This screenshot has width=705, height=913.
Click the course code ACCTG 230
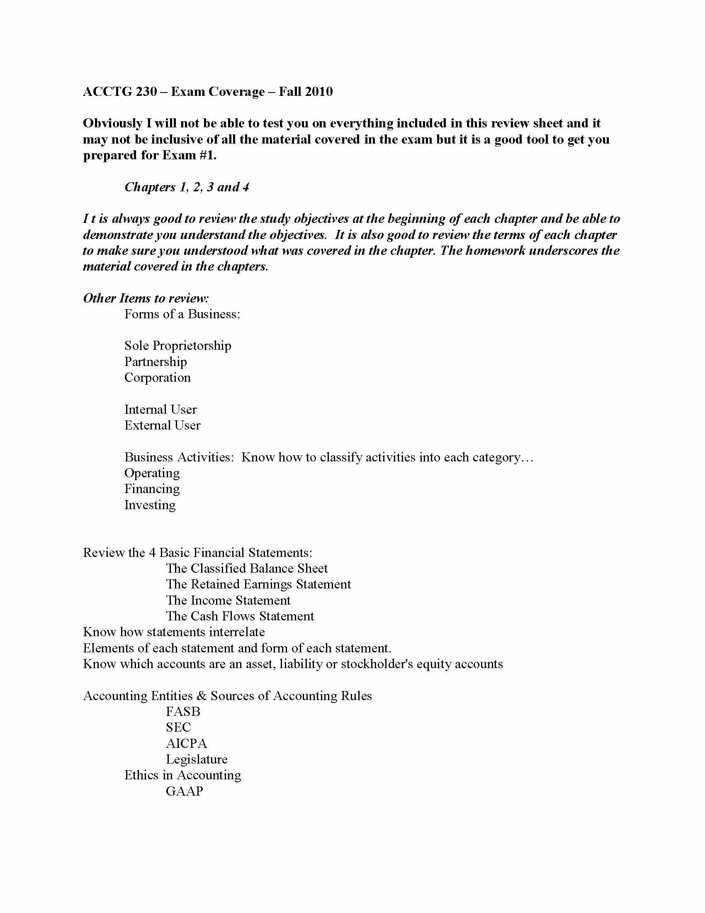coord(120,92)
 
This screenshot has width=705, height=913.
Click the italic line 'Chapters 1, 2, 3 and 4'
coord(187,187)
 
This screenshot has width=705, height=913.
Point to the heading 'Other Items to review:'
coord(146,298)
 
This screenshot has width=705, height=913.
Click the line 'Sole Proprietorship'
coord(177,346)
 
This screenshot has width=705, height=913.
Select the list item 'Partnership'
coord(156,361)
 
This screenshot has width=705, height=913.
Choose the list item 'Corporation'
coord(158,378)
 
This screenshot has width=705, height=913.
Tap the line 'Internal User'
coord(160,409)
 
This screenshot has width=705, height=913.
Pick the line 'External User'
coord(163,425)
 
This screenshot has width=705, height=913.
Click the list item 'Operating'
coord(152,473)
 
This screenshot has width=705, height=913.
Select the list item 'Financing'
coord(152,489)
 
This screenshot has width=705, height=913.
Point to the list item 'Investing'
coord(150,505)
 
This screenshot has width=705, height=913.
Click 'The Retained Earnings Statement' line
coord(258,584)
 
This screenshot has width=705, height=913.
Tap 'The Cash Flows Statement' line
coord(240,616)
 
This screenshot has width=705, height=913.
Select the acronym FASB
coord(183,711)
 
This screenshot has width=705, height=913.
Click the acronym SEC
coord(178,727)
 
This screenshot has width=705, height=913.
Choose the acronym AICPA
coord(186,743)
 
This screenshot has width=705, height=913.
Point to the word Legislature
coord(197,759)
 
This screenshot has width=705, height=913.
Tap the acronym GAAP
coord(184,791)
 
